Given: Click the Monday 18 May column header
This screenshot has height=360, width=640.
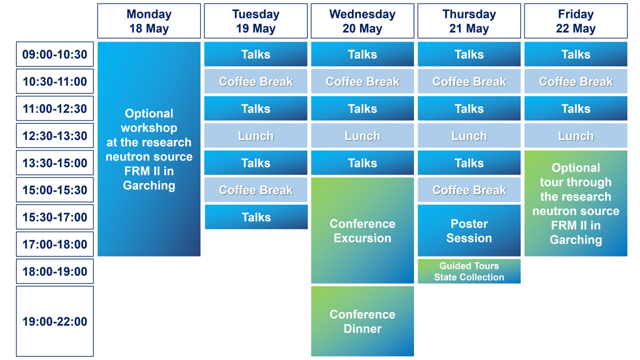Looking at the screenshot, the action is (149, 21).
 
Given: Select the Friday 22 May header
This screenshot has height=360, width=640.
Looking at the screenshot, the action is (575, 21).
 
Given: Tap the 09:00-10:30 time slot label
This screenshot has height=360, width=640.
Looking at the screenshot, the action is (54, 54).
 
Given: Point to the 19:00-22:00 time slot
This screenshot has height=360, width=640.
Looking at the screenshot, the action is (54, 321).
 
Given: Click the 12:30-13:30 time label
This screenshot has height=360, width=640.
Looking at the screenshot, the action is (54, 135).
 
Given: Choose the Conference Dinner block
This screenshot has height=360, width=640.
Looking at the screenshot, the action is (362, 321).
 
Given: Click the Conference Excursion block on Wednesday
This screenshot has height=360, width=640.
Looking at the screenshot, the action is (362, 230).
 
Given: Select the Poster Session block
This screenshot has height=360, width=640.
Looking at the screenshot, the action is (469, 230).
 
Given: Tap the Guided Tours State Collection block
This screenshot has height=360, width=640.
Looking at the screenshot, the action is (469, 271).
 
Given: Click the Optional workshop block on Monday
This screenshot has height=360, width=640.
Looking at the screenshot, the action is (149, 149).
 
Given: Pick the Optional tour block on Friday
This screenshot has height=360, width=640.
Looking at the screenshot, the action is (575, 203).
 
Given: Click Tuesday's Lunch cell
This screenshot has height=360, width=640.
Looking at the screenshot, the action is (255, 135).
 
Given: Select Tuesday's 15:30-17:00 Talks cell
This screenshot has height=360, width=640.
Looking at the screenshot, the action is (256, 217).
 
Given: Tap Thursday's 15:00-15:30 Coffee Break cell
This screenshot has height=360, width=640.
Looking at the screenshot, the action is (469, 189).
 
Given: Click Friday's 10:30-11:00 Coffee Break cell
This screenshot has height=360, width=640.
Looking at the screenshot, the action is (575, 81).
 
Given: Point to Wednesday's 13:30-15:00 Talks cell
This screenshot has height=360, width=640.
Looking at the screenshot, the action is (362, 162).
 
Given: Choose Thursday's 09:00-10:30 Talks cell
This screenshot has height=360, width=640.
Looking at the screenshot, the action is (469, 54).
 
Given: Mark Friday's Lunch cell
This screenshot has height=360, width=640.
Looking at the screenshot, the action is (575, 135).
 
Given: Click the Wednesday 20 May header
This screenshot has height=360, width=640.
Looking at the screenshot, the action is (362, 21).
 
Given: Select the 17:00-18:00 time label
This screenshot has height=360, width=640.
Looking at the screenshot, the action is (54, 244).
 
